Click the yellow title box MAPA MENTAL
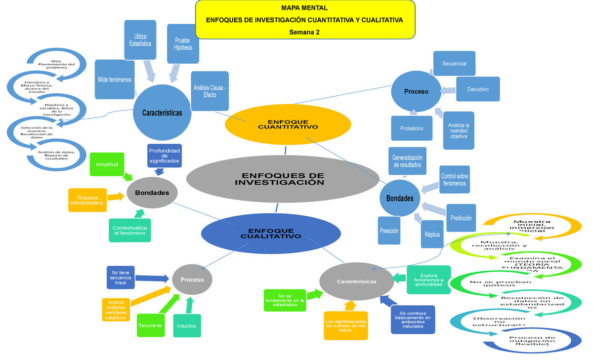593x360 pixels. (305, 20)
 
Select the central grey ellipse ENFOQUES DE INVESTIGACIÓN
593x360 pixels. (279, 179)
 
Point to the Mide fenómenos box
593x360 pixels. (115, 80)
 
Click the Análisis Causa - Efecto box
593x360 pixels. (210, 91)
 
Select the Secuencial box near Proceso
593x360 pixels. (454, 64)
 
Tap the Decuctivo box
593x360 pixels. (477, 89)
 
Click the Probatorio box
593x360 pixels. (412, 128)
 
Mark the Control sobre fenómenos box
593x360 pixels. (454, 180)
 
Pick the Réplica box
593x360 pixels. (431, 235)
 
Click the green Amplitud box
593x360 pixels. (107, 165)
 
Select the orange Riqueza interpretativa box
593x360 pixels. (86, 200)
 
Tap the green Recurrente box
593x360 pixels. (150, 326)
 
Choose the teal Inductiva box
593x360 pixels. (186, 326)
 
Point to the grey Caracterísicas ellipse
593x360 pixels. (356, 281)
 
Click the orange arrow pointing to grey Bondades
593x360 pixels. (116, 197)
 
